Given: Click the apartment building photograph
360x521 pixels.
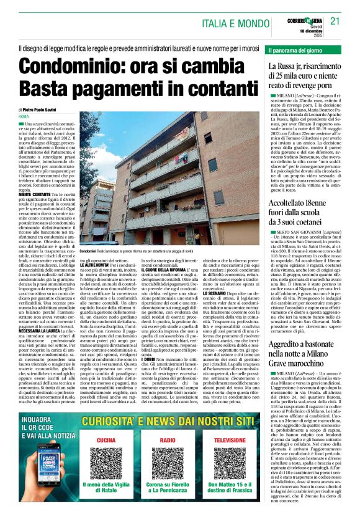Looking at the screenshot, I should click(168, 173).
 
